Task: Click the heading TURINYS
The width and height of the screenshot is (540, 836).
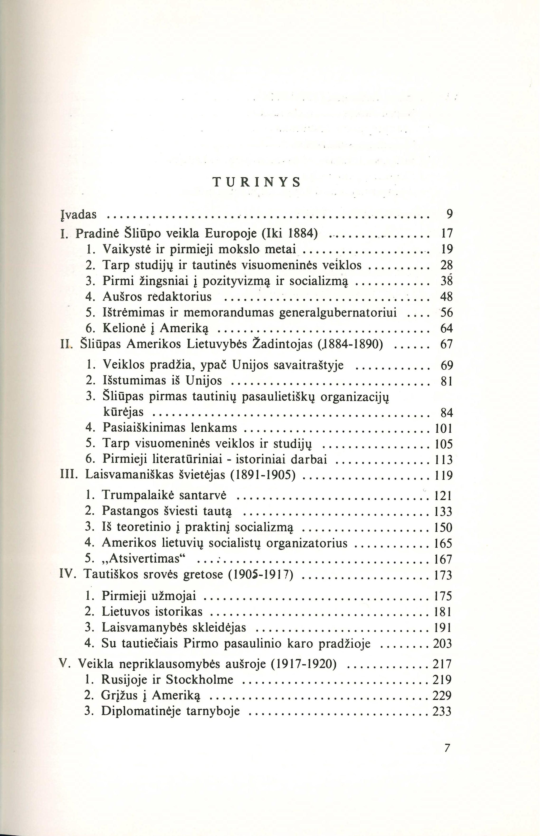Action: point(257,182)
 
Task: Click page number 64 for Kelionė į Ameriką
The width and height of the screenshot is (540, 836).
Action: point(446,329)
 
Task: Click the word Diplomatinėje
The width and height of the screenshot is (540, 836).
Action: point(139,711)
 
